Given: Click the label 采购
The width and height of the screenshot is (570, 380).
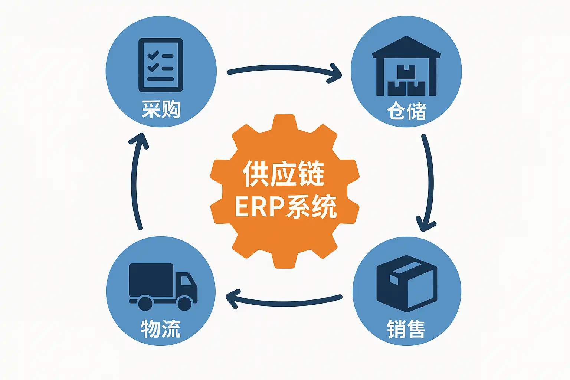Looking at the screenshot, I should [161, 110].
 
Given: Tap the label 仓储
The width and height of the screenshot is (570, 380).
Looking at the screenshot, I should [406, 111].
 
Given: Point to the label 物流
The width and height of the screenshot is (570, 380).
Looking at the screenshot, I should [160, 329].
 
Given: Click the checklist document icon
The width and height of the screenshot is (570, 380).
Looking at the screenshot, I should [161, 65].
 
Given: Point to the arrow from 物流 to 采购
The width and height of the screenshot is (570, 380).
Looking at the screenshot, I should [136, 182].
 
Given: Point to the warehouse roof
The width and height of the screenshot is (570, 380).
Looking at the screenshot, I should [406, 46].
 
